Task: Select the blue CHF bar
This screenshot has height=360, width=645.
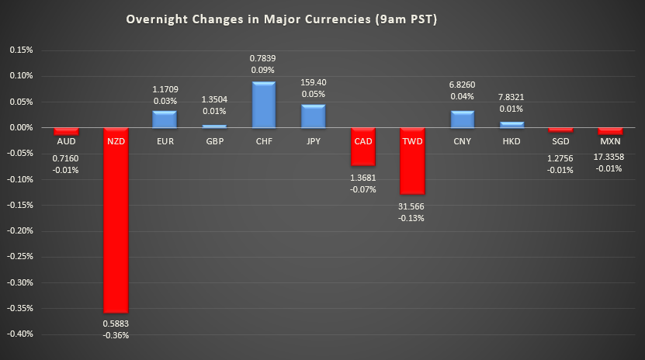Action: [263, 104]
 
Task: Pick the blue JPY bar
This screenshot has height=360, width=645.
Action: [313, 116]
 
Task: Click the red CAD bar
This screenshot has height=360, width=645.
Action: [362, 146]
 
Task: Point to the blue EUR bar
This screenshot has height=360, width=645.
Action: [164, 119]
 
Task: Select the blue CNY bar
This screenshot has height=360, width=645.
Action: [463, 119]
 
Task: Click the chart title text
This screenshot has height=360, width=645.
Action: [283, 19]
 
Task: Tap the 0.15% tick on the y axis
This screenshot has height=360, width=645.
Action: [21, 50]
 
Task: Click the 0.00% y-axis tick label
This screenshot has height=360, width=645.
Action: [21, 127]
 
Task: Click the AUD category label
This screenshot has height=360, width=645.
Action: [66, 141]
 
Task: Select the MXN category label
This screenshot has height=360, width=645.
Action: [611, 141]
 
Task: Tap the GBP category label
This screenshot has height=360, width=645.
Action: [213, 141]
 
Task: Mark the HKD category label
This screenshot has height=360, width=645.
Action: [512, 141]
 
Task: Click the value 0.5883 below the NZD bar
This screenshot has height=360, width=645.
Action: [116, 323]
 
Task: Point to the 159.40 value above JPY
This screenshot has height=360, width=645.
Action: [313, 81]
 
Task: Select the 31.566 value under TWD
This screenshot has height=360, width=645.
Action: [412, 206]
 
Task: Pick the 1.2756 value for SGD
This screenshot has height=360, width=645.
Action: [561, 157]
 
